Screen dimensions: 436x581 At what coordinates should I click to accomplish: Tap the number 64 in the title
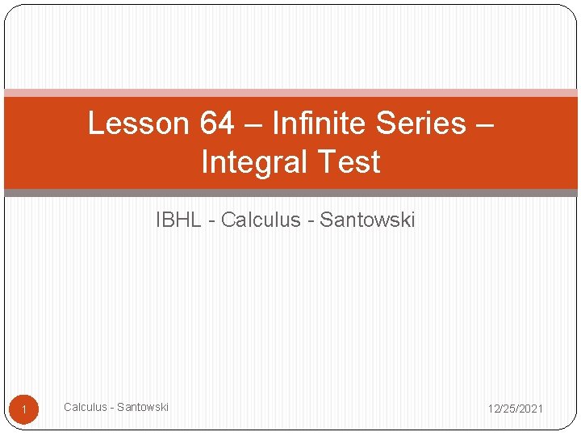point(215,124)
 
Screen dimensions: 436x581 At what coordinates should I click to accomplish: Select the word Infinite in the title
point(314,124)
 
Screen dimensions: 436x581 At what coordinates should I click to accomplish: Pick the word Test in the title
point(348,162)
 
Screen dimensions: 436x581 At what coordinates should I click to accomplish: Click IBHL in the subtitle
point(178,220)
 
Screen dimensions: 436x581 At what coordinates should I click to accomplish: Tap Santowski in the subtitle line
point(367,220)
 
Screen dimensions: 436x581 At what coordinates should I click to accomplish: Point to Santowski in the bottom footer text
point(143,407)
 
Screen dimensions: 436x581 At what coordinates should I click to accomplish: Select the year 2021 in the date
point(530,409)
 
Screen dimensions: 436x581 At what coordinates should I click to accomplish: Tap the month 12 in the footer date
point(493,409)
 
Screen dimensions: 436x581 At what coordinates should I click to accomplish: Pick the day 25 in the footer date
point(510,409)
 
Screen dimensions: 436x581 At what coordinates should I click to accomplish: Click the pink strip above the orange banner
point(290,93)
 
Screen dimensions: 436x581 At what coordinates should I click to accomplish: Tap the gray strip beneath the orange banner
point(290,193)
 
